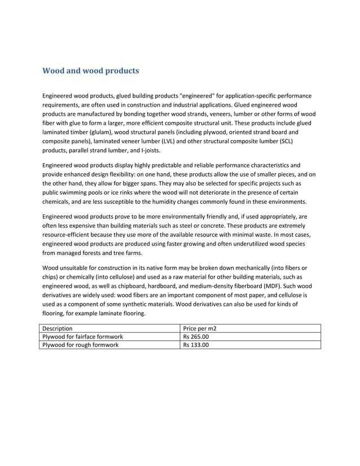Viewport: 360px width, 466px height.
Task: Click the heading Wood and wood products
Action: click(91, 72)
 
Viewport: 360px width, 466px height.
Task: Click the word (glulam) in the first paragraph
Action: click(106, 131)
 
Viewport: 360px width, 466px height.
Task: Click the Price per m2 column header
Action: click(200, 328)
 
